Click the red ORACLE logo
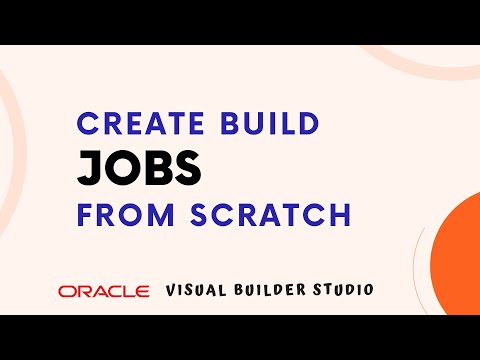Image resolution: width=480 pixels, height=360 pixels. tap(103, 291)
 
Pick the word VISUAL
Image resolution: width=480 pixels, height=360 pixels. tap(200, 290)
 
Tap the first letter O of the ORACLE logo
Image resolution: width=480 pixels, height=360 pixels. tap(66, 291)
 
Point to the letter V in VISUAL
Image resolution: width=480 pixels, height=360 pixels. tap(172, 290)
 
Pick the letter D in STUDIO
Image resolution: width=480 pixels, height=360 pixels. tap(350, 290)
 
